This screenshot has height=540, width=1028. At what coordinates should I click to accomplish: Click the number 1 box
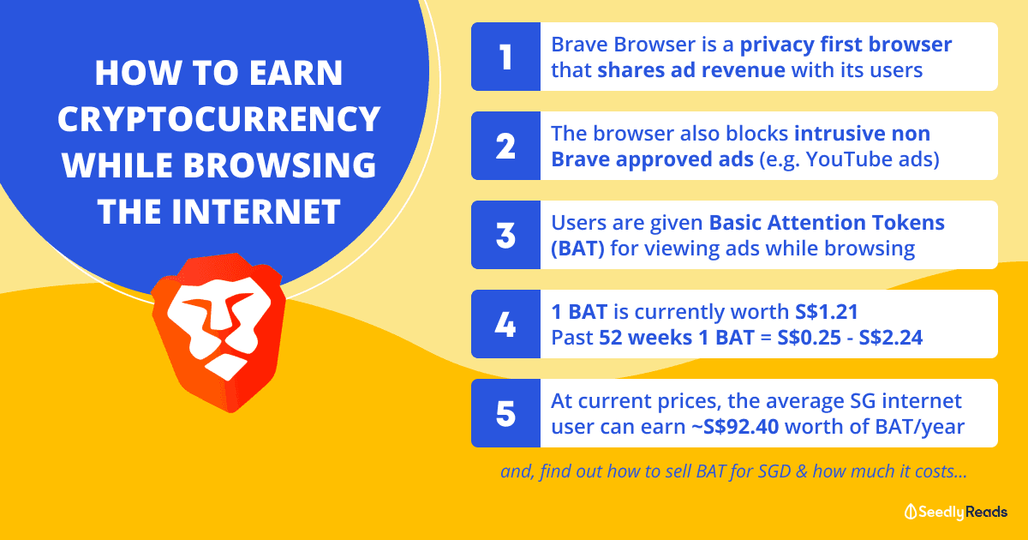click(x=505, y=57)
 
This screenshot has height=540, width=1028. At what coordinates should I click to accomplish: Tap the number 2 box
click(x=505, y=146)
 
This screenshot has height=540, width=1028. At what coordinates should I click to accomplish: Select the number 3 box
click(x=505, y=235)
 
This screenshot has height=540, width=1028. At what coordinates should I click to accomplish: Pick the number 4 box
click(x=505, y=324)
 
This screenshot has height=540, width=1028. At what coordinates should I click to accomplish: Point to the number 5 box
click(x=505, y=413)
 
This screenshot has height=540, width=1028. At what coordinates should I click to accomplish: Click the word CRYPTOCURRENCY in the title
click(x=219, y=119)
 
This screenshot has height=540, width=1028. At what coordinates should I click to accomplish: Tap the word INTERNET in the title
click(x=256, y=212)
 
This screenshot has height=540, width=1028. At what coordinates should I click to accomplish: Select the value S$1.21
click(x=827, y=312)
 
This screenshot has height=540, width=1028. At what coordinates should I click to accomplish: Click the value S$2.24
click(x=891, y=338)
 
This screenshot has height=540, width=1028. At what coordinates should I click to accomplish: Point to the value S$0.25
click(x=809, y=338)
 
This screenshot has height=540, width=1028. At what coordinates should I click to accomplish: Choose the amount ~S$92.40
click(x=735, y=427)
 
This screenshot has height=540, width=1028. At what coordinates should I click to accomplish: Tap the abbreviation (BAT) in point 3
click(x=577, y=249)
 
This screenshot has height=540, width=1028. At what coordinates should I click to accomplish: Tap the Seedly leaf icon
click(x=910, y=512)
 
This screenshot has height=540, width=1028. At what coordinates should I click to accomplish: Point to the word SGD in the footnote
click(x=774, y=471)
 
